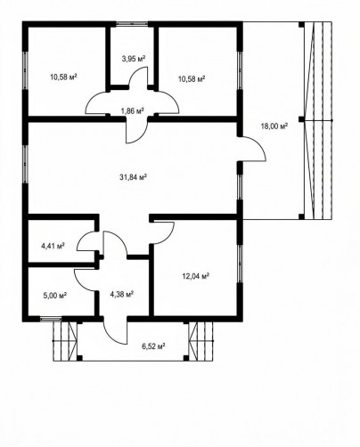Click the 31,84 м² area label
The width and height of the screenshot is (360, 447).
pyautogui.click(x=134, y=177)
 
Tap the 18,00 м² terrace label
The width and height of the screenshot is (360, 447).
pyautogui.click(x=274, y=126)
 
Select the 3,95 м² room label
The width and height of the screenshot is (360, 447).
pyautogui.click(x=134, y=59)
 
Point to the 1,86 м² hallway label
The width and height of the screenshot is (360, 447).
pyautogui.click(x=132, y=110)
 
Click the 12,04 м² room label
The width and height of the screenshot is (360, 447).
pyautogui.click(x=196, y=276)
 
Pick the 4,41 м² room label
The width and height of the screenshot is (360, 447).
pyautogui.click(x=53, y=246)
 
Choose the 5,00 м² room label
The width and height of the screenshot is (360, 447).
pyautogui.click(x=54, y=296)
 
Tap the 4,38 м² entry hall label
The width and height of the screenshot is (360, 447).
pyautogui.click(x=121, y=294)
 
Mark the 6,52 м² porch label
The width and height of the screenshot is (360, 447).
pyautogui.click(x=153, y=346)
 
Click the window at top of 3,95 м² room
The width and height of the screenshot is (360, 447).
pyautogui.click(x=132, y=24)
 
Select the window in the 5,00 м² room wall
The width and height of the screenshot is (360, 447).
pyautogui.click(x=51, y=319)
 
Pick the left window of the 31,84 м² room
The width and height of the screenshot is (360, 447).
pyautogui.click(x=25, y=164)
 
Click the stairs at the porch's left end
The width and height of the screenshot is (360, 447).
pyautogui.click(x=65, y=341)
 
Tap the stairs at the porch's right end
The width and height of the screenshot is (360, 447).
pyautogui.click(x=201, y=341)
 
